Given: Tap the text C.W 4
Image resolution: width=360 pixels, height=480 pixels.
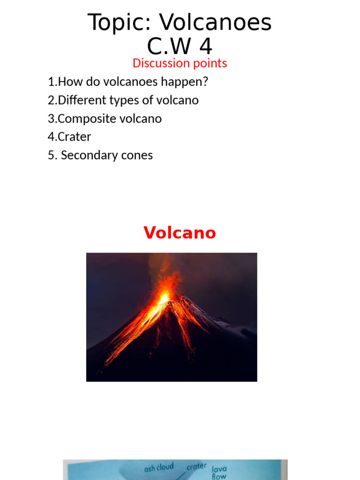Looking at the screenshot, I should (180, 46).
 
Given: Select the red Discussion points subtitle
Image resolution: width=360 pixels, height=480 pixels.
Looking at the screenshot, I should (180, 63).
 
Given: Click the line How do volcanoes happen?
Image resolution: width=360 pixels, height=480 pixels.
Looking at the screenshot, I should (128, 82).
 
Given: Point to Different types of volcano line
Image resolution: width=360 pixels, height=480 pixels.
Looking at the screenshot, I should (123, 100).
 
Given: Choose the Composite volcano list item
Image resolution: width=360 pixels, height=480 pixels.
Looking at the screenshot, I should (105, 119).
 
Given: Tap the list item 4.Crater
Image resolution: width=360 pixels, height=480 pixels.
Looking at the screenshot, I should (69, 137).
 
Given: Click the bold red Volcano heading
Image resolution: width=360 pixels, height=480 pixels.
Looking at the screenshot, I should (180, 232).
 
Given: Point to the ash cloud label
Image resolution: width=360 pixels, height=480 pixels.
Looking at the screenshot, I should (159, 467).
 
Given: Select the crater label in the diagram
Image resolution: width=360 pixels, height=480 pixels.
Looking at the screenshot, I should (196, 467).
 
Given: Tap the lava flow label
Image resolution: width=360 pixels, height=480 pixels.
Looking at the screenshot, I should (219, 472).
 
